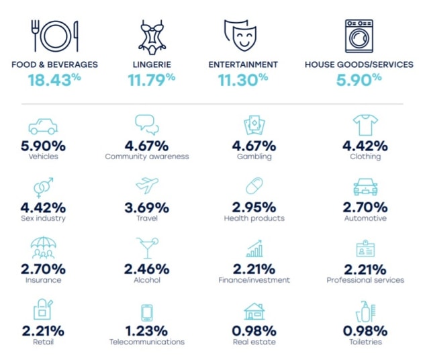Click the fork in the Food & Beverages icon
(35, 36)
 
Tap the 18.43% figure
(54, 80)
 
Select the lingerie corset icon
(152, 36)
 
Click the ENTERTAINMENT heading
(243, 64)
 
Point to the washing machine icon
(359, 36)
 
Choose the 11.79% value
(151, 80)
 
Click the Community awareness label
(147, 156)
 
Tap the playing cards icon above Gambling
(254, 125)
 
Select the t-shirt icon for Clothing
(365, 125)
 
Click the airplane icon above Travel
(147, 185)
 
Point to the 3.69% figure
(147, 208)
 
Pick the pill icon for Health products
(254, 185)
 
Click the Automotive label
(365, 218)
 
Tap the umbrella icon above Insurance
(44, 248)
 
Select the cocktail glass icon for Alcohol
(147, 248)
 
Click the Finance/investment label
(254, 280)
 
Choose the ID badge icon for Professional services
(365, 249)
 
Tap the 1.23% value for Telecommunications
(147, 331)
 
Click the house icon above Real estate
(254, 312)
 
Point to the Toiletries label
(365, 342)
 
